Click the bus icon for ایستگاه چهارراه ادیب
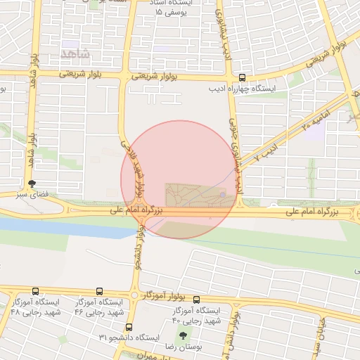tap(243, 79)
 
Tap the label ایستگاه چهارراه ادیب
tap(243, 89)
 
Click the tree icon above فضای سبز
tap(31, 183)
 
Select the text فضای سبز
tap(31, 193)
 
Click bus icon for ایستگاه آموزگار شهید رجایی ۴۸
tap(35, 291)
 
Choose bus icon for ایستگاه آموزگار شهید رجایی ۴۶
tap(98, 291)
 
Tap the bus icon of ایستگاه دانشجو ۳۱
tap(129, 327)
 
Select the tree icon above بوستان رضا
tap(184, 336)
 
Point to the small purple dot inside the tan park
tap(222, 195)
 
